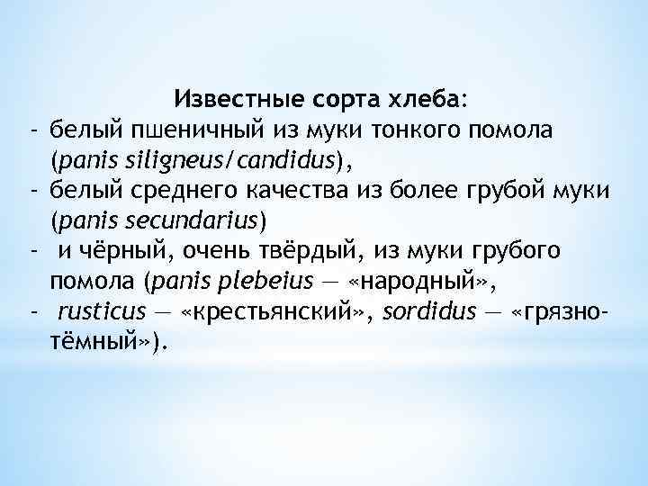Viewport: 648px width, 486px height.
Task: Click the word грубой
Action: pyautogui.click(x=492, y=191)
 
